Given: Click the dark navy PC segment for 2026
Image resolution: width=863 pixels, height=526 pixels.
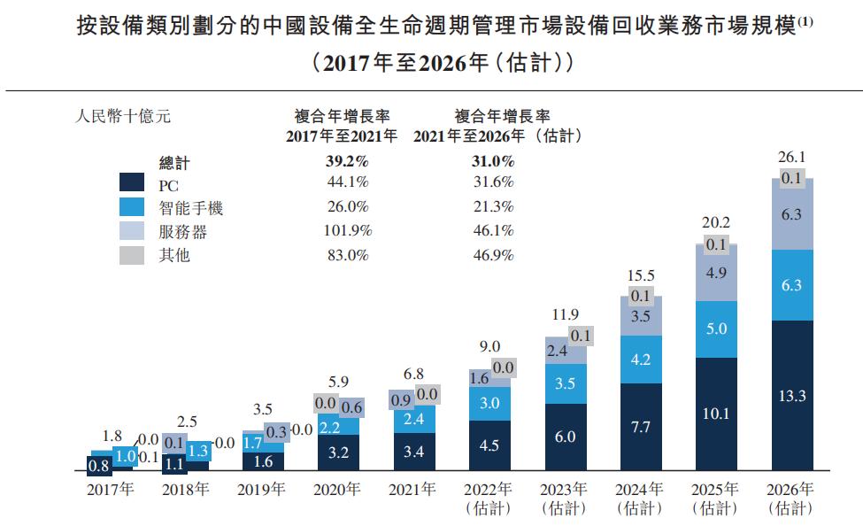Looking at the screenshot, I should click(792, 396).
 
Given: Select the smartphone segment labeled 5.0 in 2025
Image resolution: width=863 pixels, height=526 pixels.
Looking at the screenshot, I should click(716, 329).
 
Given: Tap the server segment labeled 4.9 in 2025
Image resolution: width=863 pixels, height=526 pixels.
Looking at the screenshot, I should click(716, 273).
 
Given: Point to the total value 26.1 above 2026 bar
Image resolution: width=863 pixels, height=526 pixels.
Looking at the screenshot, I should click(792, 157).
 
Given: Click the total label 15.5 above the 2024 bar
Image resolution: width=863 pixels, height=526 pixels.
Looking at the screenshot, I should click(641, 276).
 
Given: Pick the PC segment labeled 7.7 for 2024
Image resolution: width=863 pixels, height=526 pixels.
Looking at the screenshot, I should click(641, 428).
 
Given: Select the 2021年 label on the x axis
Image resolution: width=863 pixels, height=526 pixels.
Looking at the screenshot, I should click(414, 490).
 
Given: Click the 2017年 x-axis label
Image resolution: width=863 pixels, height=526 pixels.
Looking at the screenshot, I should click(111, 490).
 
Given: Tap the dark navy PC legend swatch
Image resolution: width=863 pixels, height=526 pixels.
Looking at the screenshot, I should click(132, 184).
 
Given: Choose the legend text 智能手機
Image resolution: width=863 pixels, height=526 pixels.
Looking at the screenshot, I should click(190, 208).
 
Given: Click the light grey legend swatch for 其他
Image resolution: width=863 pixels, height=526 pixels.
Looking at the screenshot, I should click(132, 256).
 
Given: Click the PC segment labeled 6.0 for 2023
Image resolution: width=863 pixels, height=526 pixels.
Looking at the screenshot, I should click(566, 437).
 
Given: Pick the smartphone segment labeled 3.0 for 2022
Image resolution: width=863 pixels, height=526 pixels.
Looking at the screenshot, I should click(489, 404).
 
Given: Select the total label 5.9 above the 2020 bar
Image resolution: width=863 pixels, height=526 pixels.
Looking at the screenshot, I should click(338, 383).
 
